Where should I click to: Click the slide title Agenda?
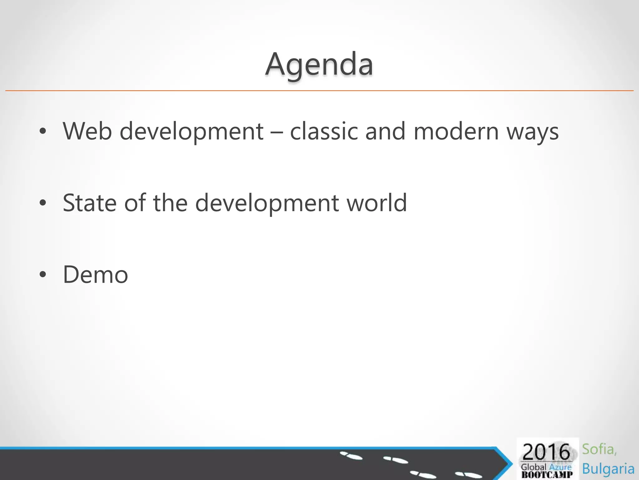(x=319, y=65)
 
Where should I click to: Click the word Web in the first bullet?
(x=87, y=131)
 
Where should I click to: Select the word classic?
(x=324, y=131)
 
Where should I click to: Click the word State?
(x=90, y=203)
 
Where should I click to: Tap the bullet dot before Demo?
(x=43, y=275)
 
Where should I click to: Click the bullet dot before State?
(x=43, y=203)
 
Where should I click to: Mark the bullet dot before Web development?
(x=43, y=132)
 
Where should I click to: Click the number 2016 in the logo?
(x=546, y=452)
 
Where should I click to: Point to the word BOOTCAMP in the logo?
(x=547, y=475)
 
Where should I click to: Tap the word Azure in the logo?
(x=560, y=467)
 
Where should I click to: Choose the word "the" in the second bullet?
(x=170, y=203)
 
